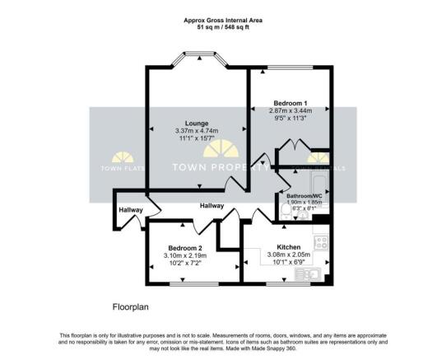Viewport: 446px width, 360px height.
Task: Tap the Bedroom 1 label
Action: pyautogui.click(x=291, y=104)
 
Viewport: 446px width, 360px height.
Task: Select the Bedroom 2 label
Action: pyautogui.click(x=185, y=248)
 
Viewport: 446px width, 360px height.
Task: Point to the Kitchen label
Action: pyautogui.click(x=288, y=246)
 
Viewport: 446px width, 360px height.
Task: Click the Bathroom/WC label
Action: pyautogui.click(x=302, y=195)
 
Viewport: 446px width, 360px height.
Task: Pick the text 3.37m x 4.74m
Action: pyautogui.click(x=190, y=131)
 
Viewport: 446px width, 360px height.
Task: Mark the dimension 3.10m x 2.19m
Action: pyautogui.click(x=185, y=256)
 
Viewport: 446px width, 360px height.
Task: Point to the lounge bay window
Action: pyautogui.click(x=197, y=59)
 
